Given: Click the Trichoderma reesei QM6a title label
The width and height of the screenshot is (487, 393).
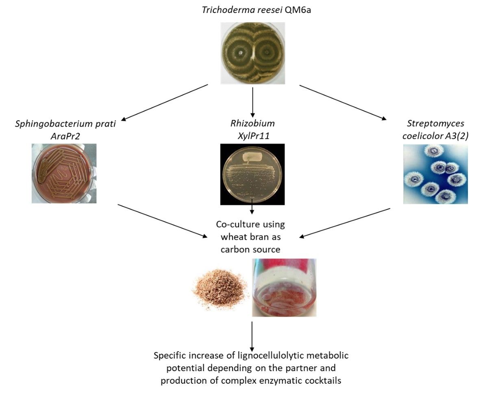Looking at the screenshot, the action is click(257, 10).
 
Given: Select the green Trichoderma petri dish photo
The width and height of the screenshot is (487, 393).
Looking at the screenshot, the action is click(253, 53).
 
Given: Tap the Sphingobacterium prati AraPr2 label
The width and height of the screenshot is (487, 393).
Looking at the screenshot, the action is click(65, 130).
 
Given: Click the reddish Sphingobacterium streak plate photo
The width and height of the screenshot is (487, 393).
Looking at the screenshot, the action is click(64, 173).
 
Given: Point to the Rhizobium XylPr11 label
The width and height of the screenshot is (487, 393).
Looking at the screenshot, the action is click(252, 130).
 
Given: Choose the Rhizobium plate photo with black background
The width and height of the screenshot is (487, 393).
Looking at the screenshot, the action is click(252, 174).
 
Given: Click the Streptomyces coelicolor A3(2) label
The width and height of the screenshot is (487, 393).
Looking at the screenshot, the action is click(435, 130).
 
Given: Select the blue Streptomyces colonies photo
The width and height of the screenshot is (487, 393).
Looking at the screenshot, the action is click(435, 174).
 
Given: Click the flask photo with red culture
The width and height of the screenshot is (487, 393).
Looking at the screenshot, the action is click(284, 287).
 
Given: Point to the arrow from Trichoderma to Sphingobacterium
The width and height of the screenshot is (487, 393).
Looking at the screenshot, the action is click(164, 102).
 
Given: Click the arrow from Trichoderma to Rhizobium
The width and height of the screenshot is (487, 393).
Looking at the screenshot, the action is click(252, 102).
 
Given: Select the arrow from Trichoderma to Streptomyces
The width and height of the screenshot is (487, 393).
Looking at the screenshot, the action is click(343, 102).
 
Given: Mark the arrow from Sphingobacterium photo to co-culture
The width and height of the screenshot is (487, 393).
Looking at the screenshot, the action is click(163, 221).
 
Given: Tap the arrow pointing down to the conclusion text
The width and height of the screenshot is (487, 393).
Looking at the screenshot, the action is click(252, 337).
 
